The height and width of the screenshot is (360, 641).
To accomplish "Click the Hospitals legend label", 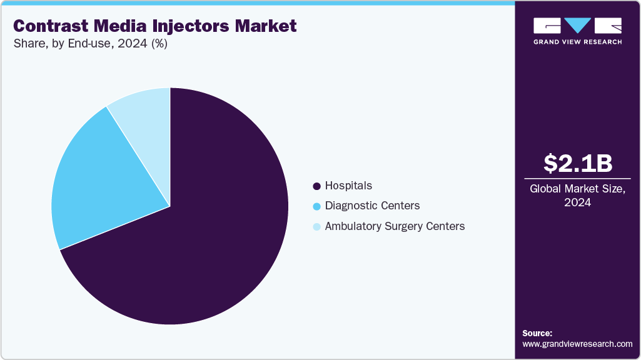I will coord(348,186).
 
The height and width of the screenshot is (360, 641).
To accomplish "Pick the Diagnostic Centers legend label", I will coord(372,206).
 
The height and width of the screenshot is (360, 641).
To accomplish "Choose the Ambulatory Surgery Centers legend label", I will coord(395,226).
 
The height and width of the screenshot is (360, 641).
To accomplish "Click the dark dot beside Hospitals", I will coord(316,186).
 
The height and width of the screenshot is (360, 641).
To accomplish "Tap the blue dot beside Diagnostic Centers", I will coord(316,206).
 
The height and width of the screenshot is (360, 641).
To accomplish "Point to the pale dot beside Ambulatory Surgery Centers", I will coord(316,227).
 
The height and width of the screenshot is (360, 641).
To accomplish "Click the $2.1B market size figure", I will coord(577,163).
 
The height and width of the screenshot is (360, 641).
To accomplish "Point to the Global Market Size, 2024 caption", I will coord(577,195).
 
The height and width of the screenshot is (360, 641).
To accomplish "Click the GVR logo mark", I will coord(577,26).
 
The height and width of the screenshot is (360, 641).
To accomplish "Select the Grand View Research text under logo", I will coord(577,42).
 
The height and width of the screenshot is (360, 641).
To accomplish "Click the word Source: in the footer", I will coord(537,333).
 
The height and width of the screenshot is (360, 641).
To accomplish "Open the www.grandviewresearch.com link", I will coord(577,344).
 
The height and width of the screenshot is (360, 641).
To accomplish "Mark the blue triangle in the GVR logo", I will coord(578,25).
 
